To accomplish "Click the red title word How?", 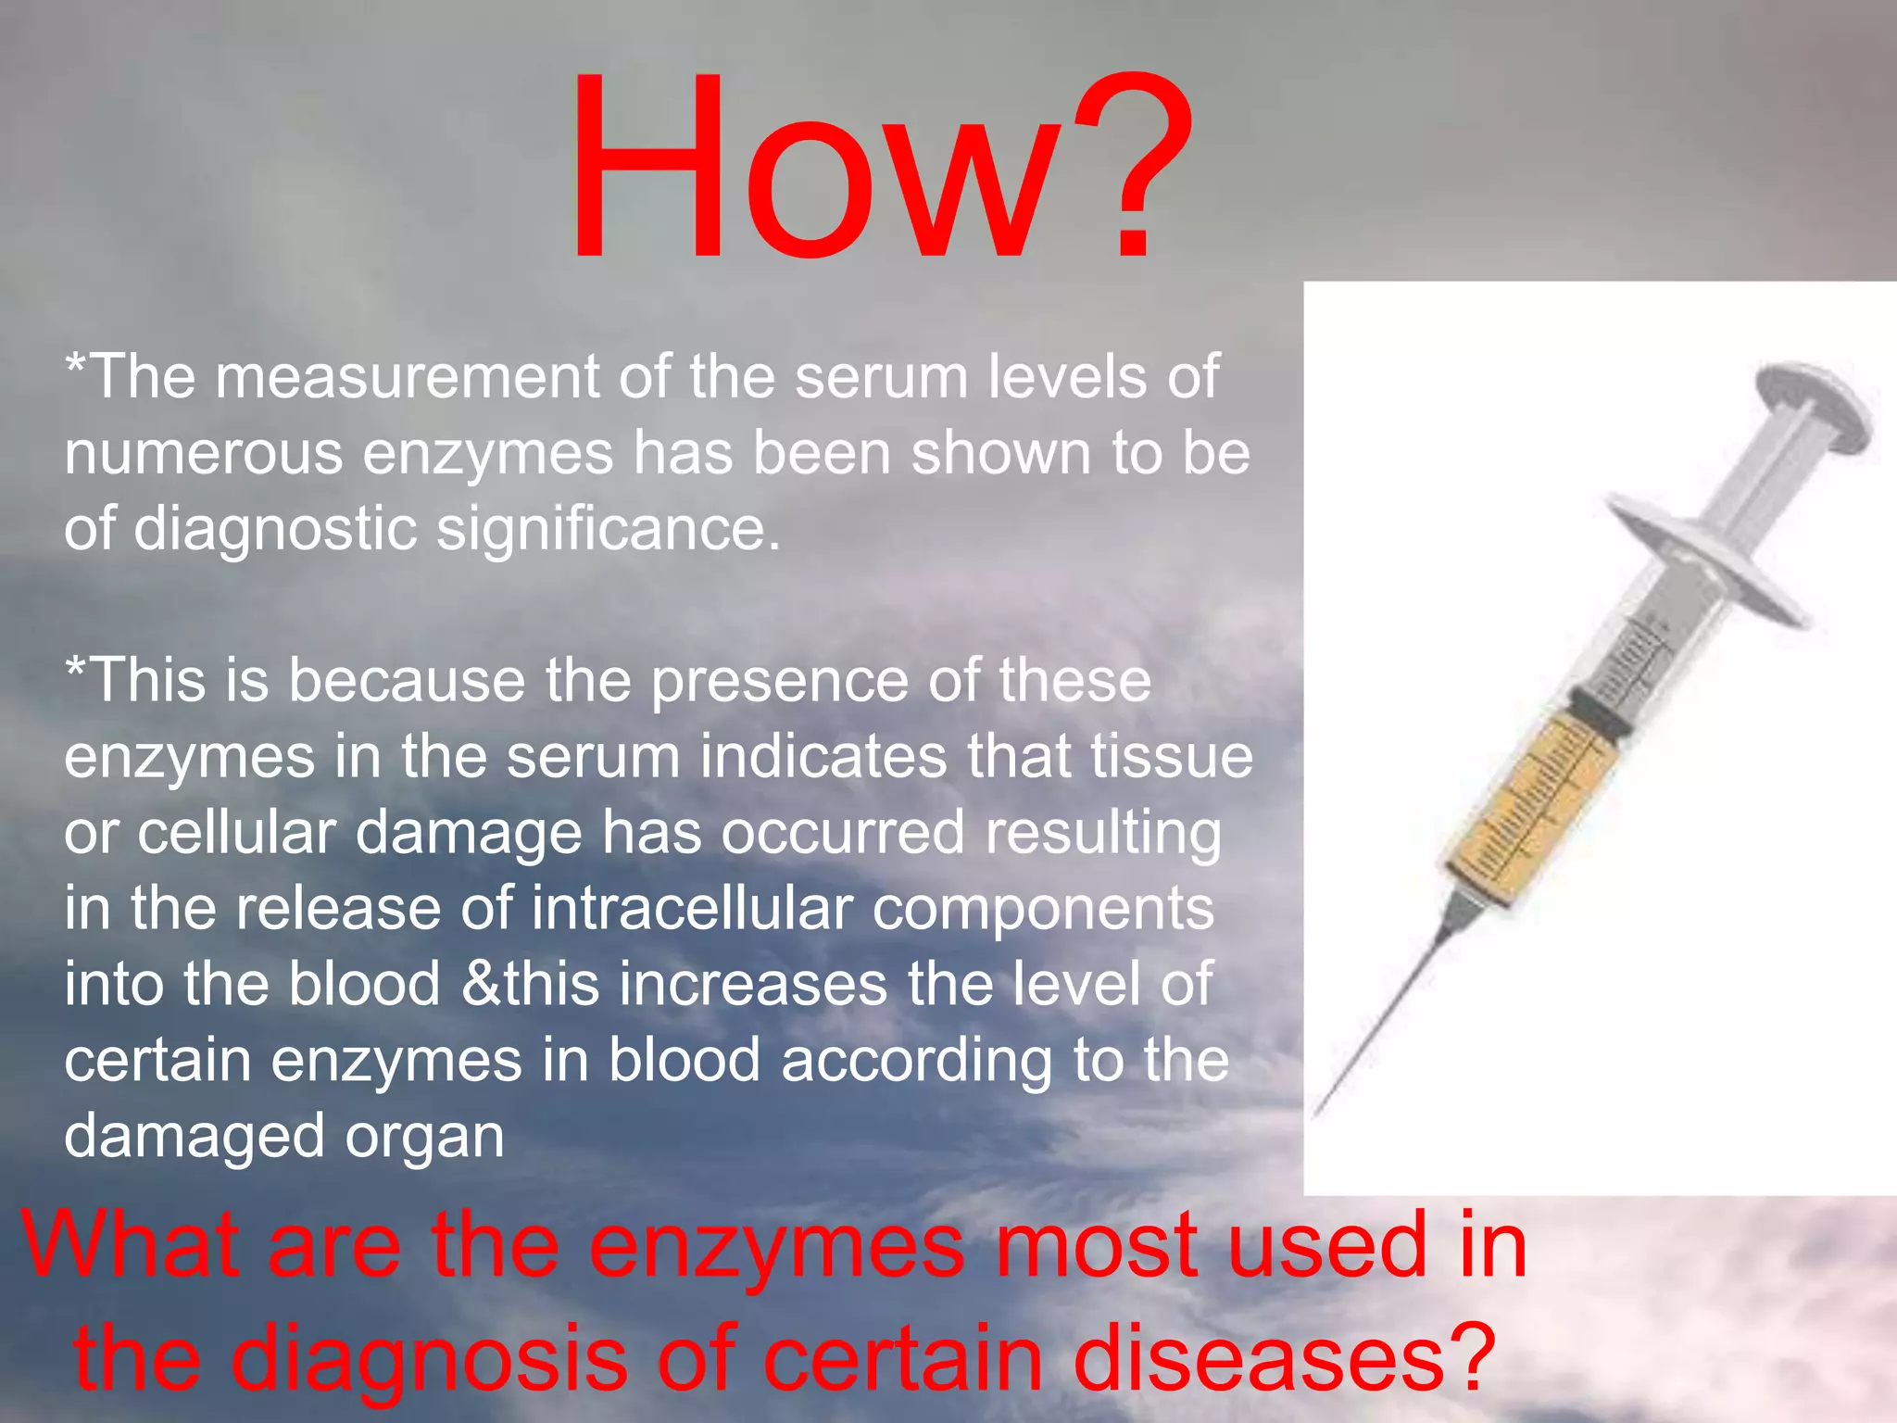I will [x=880, y=167].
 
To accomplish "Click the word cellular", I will [x=236, y=833].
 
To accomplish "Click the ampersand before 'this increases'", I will [x=482, y=985].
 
